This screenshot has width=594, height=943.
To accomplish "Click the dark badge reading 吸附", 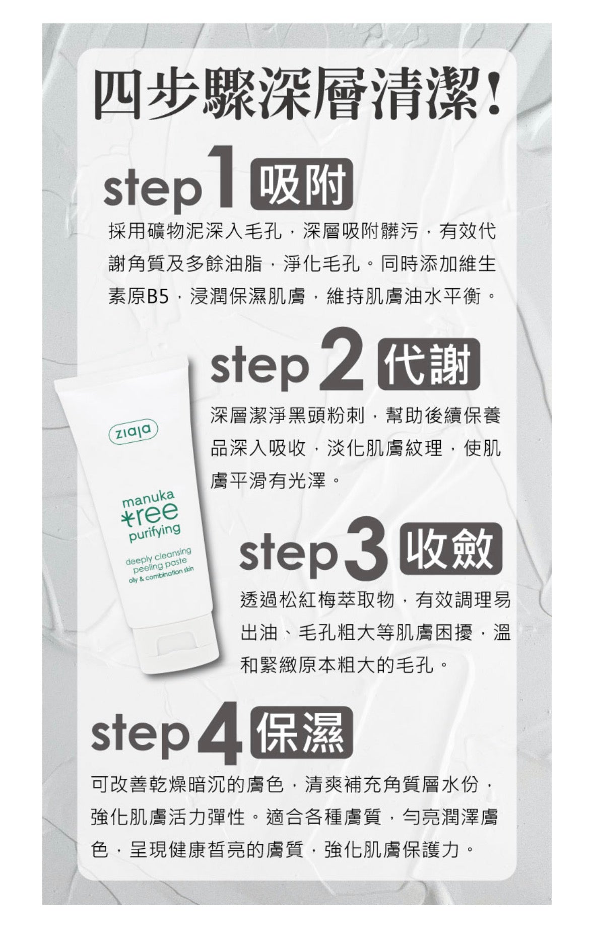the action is click(301, 184).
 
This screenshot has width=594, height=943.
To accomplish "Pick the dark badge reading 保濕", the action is click(301, 732).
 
